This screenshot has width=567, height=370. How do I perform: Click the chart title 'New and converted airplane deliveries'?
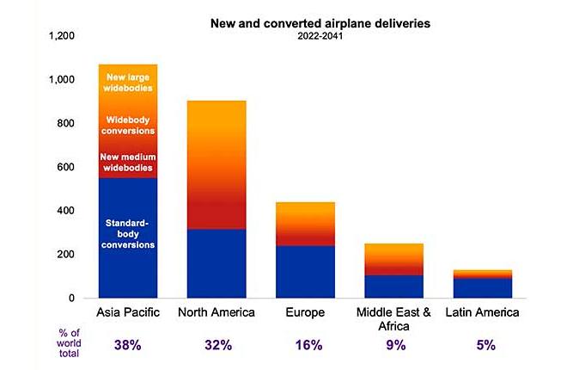click(x=320, y=24)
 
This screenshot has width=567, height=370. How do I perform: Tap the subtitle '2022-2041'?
click(x=320, y=37)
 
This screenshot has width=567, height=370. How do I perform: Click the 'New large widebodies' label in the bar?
click(x=128, y=83)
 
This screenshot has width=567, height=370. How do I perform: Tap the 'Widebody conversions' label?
click(x=128, y=125)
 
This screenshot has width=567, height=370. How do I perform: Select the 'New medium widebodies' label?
click(x=128, y=163)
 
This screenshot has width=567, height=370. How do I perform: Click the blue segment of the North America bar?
click(x=216, y=263)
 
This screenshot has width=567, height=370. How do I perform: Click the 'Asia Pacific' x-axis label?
click(x=128, y=312)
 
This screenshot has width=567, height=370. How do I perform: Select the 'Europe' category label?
click(x=305, y=312)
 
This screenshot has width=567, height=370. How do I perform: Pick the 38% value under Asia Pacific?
click(x=128, y=345)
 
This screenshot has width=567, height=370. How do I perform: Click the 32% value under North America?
click(x=216, y=345)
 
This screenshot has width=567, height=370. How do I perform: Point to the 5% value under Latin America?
click(x=482, y=345)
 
